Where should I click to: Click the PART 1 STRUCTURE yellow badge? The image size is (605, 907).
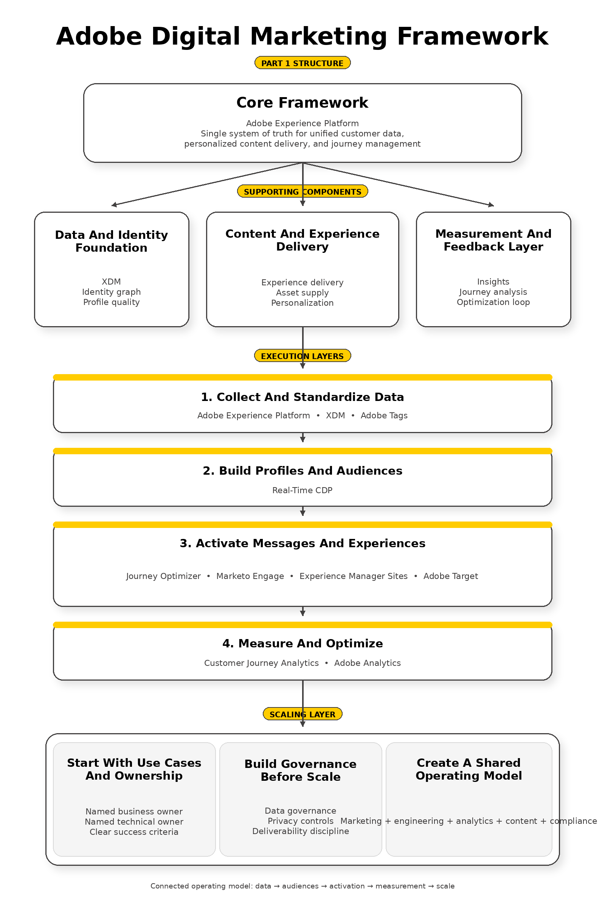tap(302, 63)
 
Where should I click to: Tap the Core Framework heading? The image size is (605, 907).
tap(302, 102)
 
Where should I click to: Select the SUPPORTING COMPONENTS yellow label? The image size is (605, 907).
tap(302, 191)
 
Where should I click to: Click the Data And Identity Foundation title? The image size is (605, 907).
tap(111, 241)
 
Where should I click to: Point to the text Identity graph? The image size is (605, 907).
tap(111, 292)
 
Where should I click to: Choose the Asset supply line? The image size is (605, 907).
tap(302, 293)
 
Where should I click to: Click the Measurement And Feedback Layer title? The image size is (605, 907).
tap(493, 240)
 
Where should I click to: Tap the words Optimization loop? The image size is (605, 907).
tap(493, 302)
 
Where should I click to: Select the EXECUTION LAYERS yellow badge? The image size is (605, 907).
tap(302, 356)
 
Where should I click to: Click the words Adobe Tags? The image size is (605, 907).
tap(384, 415)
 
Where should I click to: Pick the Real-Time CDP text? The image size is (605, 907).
tap(302, 490)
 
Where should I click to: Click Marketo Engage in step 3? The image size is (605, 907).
tap(250, 576)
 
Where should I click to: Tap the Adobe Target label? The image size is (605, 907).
tap(450, 576)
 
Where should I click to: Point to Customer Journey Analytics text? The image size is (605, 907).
tap(261, 663)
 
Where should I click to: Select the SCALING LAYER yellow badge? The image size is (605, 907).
tap(302, 714)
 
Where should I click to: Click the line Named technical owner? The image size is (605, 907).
tap(134, 822)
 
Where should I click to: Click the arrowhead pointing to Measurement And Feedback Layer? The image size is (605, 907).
tap(491, 205)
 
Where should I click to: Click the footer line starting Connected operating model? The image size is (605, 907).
tap(302, 886)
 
